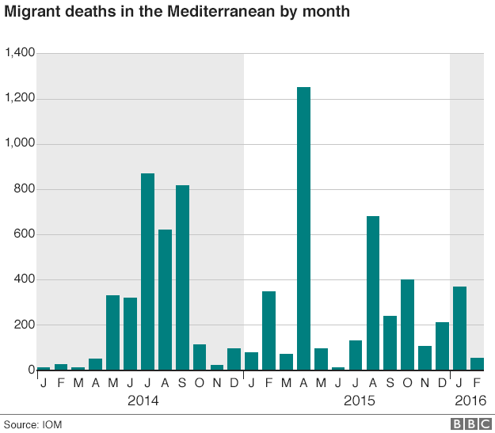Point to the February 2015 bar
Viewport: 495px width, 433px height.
coord(268,331)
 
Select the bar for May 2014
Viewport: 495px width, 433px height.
coord(112,332)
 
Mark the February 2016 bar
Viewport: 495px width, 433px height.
coord(477,364)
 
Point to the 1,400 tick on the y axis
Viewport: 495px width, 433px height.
coord(20,53)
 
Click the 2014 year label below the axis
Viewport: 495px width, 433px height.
coord(143,401)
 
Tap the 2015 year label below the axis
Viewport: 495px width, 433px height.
coord(360,401)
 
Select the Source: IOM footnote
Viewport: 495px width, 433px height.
coord(32,424)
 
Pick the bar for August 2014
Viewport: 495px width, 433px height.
coord(165,300)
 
